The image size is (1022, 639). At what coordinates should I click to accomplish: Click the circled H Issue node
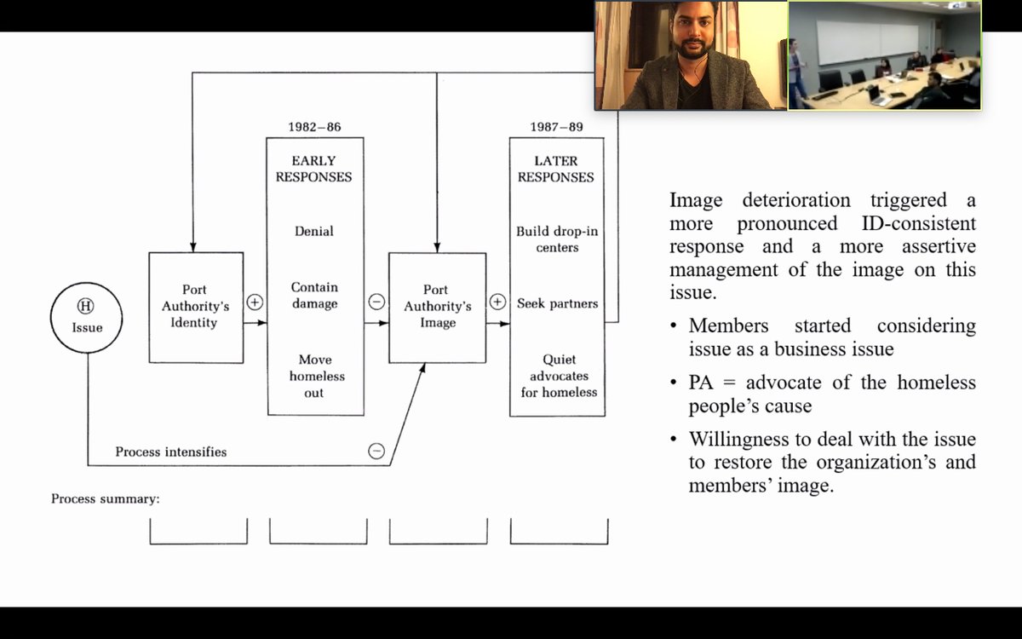[x=86, y=317]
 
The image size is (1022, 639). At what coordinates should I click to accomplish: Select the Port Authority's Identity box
[x=196, y=307]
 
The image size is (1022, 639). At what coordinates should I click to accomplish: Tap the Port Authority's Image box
[x=437, y=307]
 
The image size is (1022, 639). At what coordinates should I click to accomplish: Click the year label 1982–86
[x=314, y=127]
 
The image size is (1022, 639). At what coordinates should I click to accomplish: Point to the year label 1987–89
[x=556, y=127]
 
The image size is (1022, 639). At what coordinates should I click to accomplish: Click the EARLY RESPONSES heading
[x=314, y=169]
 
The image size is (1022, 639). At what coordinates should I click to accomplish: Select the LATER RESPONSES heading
[x=556, y=169]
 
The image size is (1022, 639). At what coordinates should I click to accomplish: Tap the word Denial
[x=314, y=231]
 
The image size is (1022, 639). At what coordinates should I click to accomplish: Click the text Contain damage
[x=314, y=296]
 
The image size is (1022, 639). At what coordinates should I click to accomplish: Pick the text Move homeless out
[x=314, y=376]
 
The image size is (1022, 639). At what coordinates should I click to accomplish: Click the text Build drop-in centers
[x=557, y=239]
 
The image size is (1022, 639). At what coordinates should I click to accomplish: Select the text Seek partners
[x=557, y=303]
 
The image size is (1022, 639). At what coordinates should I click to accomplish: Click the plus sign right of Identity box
[x=255, y=302]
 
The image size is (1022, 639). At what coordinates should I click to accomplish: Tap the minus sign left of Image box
[x=376, y=302]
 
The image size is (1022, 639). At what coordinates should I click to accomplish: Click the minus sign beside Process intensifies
[x=376, y=451]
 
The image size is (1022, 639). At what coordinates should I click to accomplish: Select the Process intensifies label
[x=171, y=452]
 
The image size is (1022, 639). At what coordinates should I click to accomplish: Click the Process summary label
[x=106, y=498]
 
